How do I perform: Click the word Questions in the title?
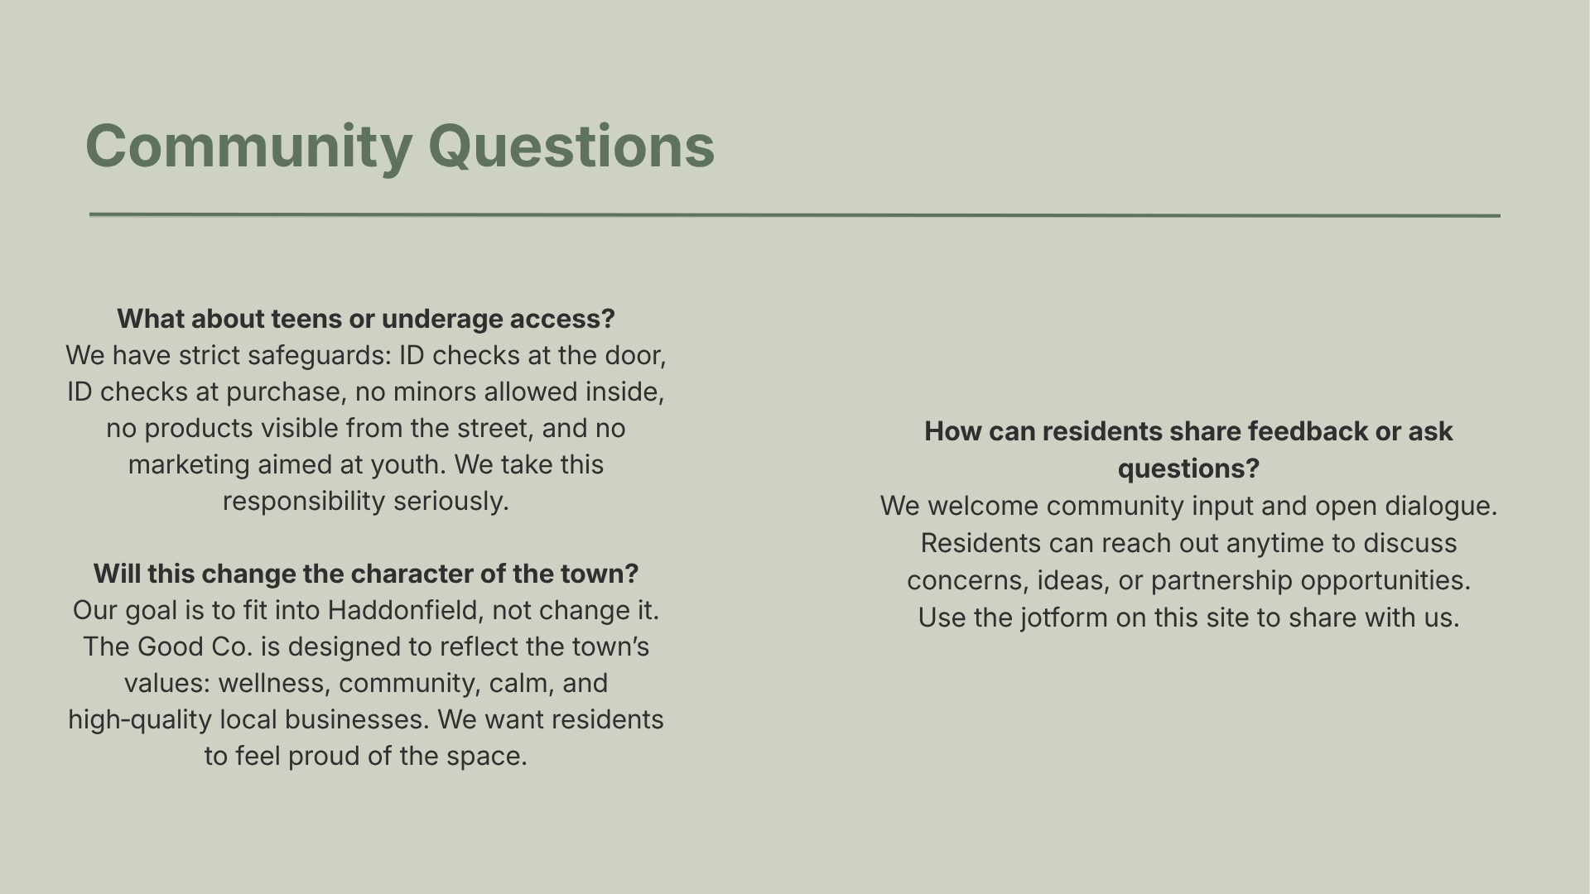pos(571,147)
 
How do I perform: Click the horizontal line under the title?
pos(795,215)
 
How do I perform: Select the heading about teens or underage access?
pos(365,319)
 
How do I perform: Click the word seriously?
pos(450,501)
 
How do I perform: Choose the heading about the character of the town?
pos(365,574)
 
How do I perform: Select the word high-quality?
pos(140,719)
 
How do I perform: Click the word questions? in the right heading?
pos(1188,469)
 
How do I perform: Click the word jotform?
pos(1064,618)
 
